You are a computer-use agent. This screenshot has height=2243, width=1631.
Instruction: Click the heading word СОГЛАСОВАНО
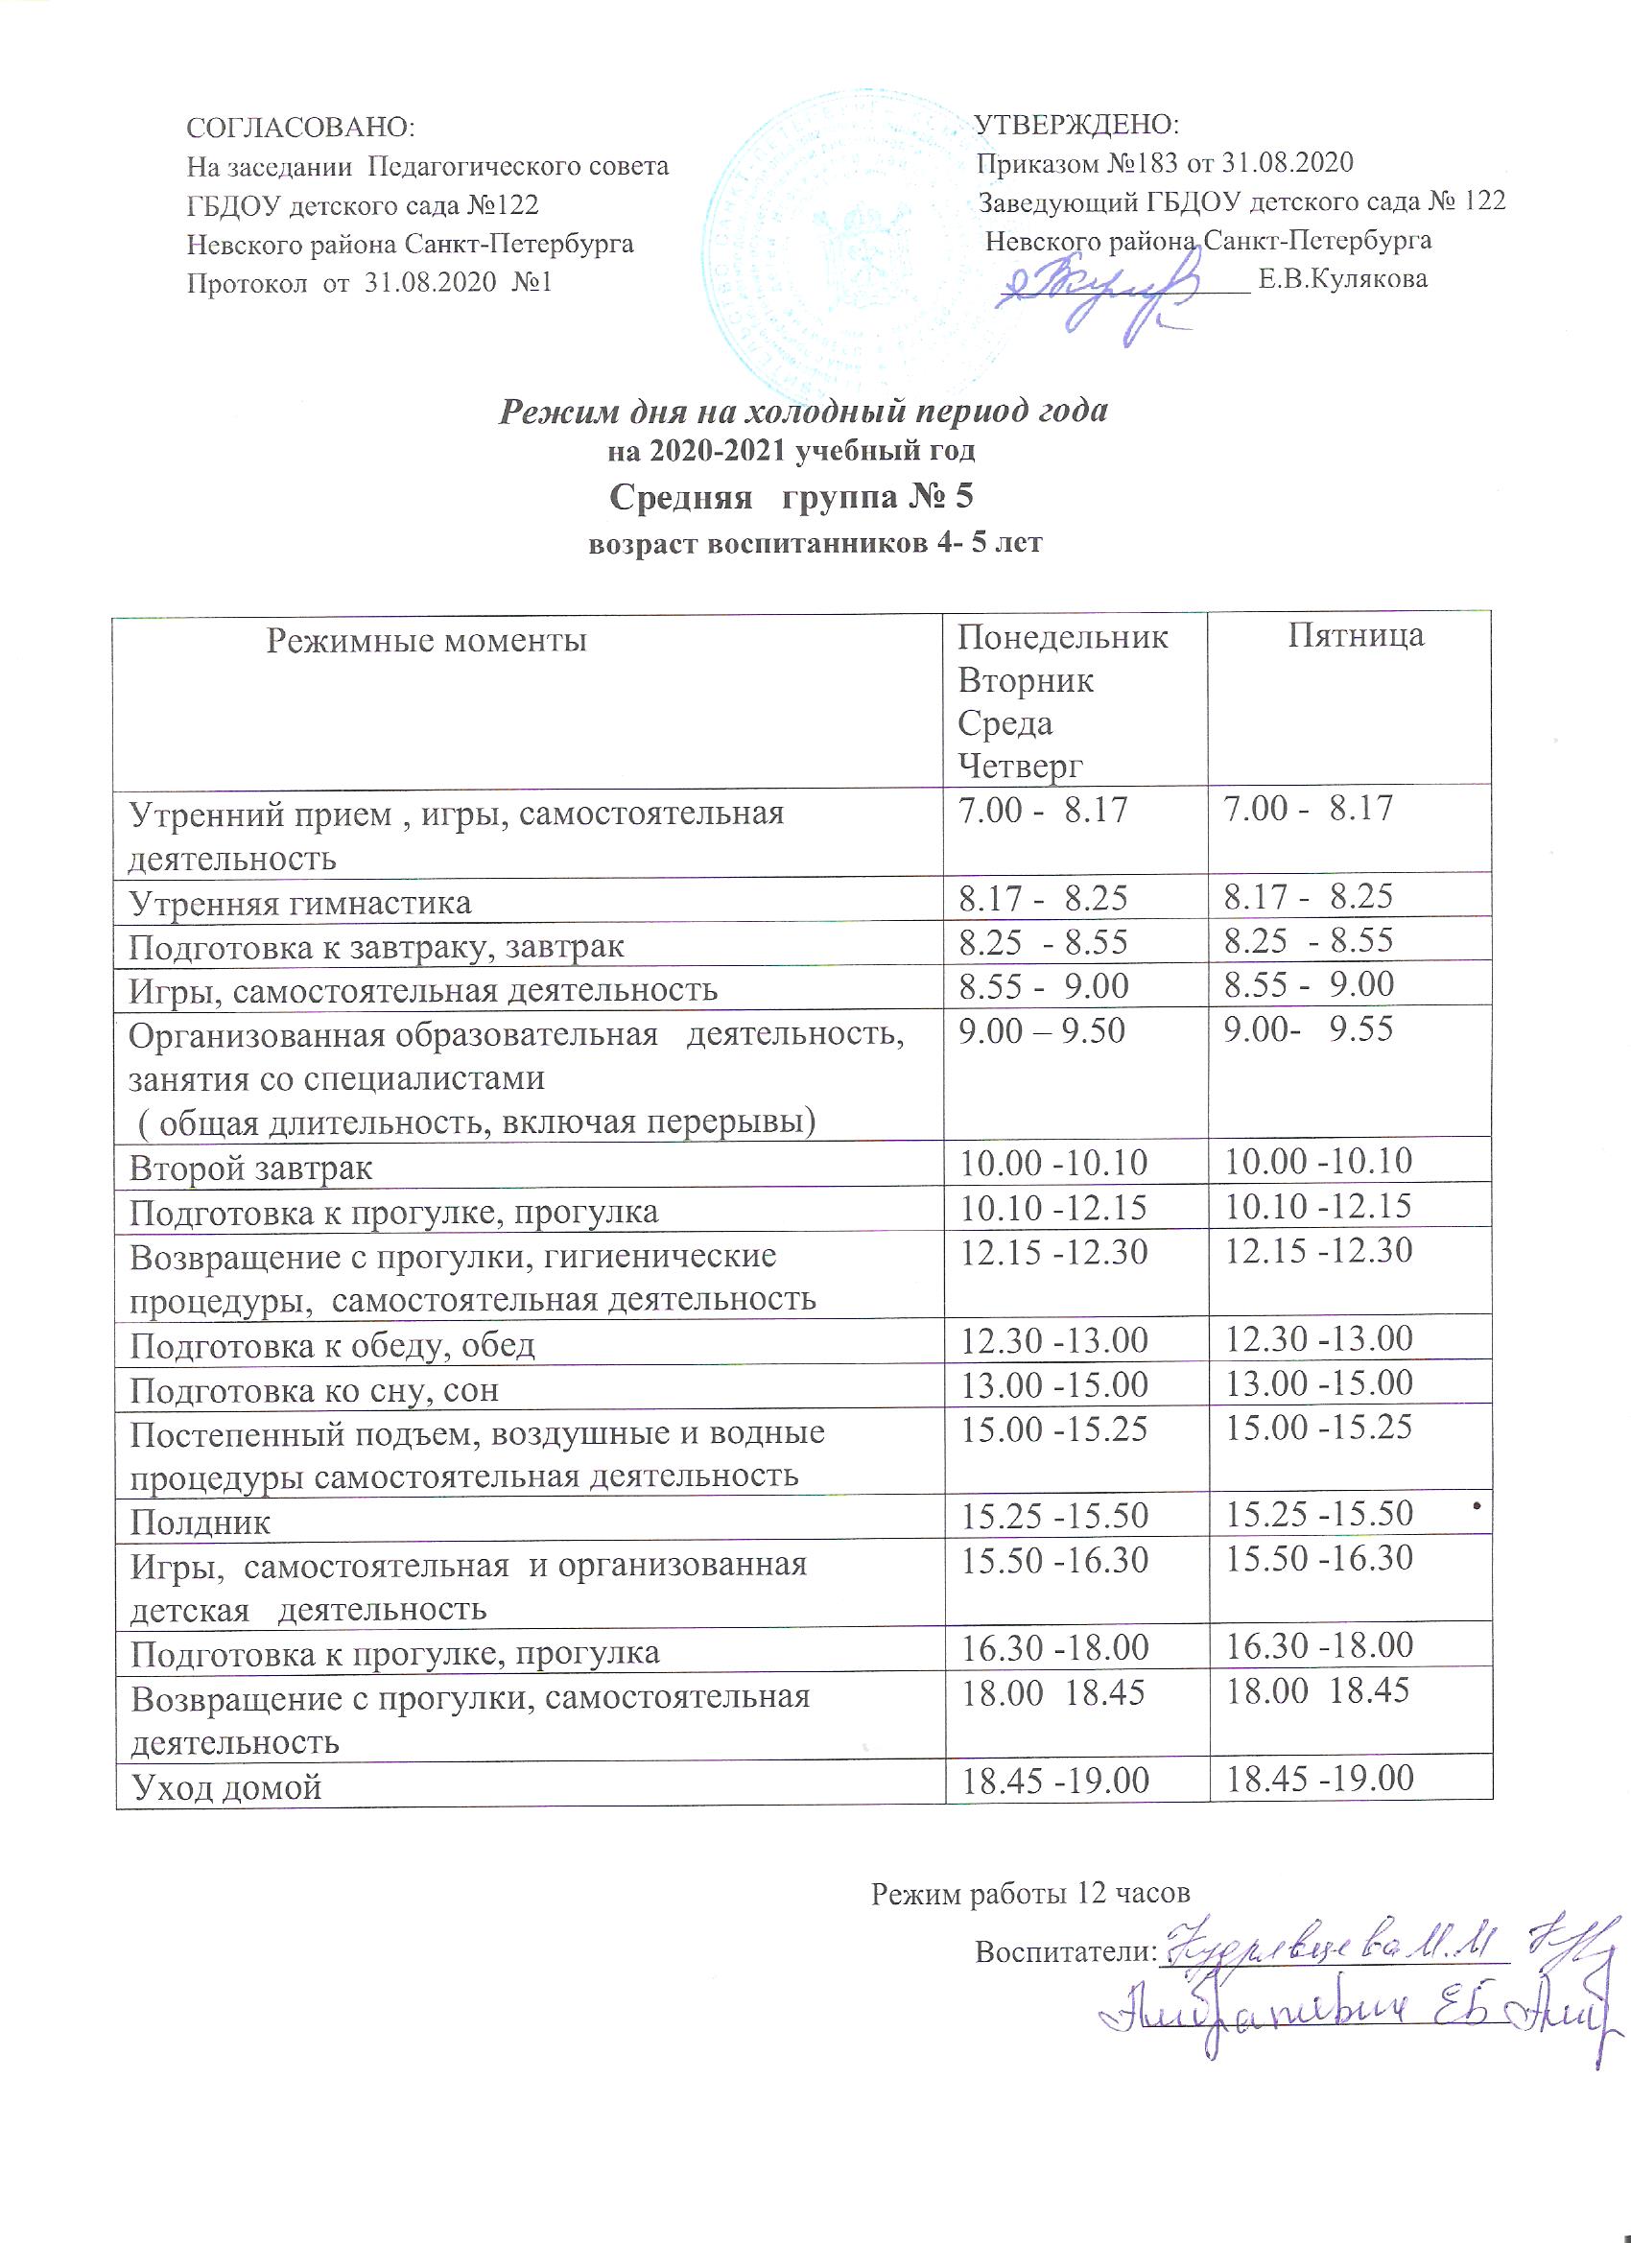[x=300, y=129]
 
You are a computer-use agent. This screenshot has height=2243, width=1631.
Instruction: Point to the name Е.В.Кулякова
[x=1341, y=280]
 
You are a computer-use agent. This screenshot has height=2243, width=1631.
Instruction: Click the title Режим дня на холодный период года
[x=802, y=411]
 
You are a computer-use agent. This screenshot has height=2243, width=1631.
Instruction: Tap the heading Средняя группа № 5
[x=792, y=495]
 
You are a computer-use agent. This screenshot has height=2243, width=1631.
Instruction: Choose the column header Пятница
[x=1356, y=635]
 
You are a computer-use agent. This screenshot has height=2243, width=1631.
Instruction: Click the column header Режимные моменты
[x=427, y=641]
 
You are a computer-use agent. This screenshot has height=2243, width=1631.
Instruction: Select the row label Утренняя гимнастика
[x=300, y=903]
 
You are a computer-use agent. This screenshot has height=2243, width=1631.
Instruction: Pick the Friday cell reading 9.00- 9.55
[x=1309, y=1029]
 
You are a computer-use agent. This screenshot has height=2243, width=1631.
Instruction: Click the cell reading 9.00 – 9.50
[x=1042, y=1031]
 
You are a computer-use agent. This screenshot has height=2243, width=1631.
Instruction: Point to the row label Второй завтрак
[x=251, y=1169]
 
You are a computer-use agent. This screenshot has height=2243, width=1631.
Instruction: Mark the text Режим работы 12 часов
[x=1029, y=1893]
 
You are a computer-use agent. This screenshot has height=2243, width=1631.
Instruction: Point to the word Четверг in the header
[x=1021, y=767]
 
